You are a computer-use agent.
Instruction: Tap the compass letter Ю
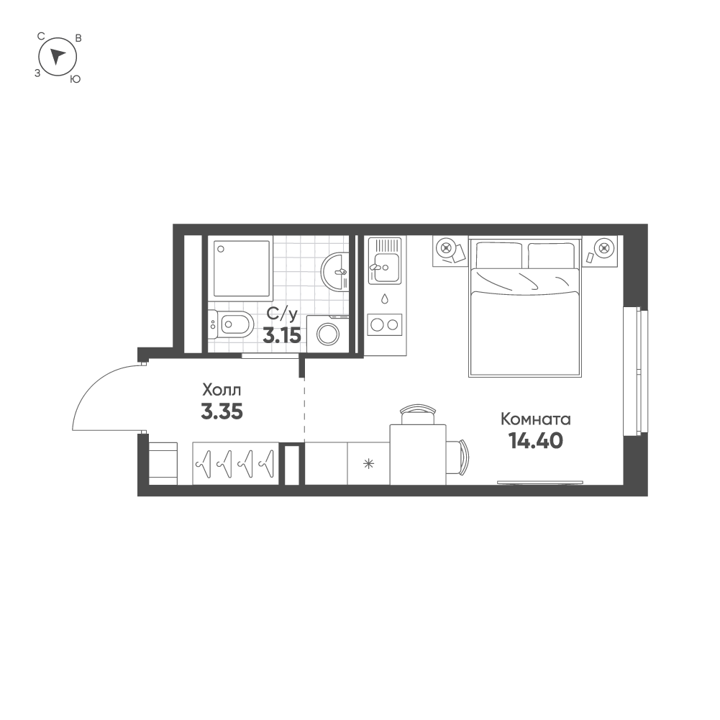coord(75,80)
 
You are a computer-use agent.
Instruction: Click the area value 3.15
coord(281,335)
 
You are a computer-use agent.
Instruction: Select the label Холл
coord(222,391)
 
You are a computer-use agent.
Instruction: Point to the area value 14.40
coord(536,440)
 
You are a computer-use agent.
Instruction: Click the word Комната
coord(535,419)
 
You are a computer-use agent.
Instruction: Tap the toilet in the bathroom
coord(230,326)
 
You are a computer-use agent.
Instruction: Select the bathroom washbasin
coord(336,271)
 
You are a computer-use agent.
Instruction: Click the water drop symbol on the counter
coord(385,297)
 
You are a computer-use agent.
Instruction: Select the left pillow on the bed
coord(498,254)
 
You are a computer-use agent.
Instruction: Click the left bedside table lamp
coord(447,249)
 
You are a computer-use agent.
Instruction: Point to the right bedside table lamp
coord(603,249)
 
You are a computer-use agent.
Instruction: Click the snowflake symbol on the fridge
coord(369,464)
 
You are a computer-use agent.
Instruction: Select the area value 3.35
coord(222,412)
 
